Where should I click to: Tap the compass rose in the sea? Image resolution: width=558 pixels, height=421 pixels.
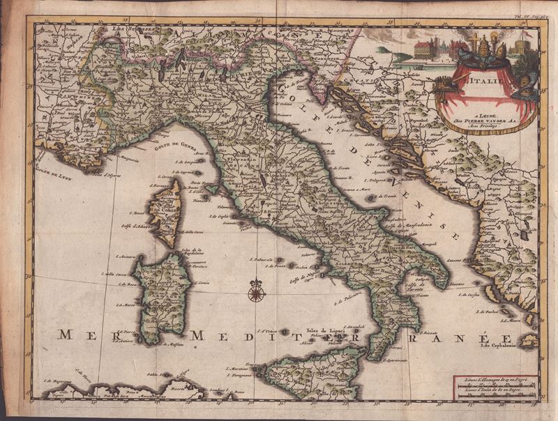coord(256,291)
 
